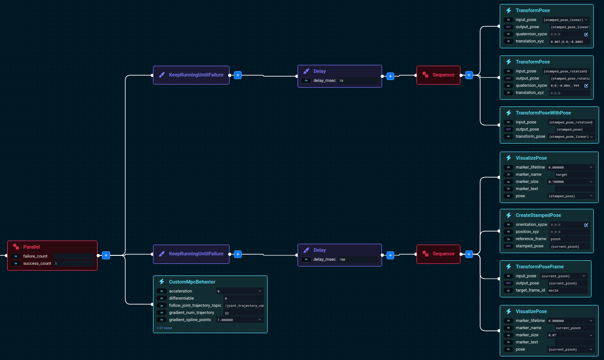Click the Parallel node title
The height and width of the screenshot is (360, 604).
pos(31,246)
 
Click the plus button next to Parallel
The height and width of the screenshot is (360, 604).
pos(106,255)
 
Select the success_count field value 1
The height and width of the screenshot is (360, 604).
pos(74,263)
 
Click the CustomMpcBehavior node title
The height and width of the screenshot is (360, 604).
pos(192,282)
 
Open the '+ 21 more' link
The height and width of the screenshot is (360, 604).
pos(164,328)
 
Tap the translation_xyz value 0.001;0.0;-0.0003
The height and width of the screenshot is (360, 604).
pos(569,42)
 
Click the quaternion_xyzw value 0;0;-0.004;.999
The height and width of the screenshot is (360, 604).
pos(565,85)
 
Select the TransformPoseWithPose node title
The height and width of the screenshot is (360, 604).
pos(543,113)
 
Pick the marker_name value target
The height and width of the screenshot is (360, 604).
pos(574,175)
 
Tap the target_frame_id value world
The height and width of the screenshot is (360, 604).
pos(567,291)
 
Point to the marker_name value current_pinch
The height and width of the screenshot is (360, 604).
pos(574,328)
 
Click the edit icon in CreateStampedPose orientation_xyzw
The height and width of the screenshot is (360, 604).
pos(586,225)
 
